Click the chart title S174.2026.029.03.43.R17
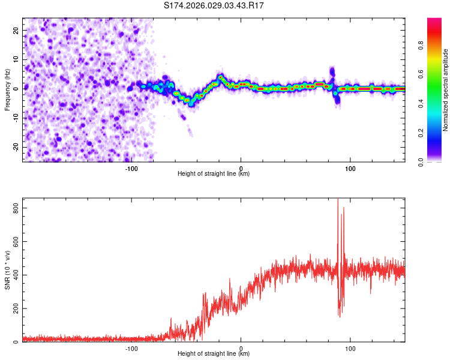[214, 5]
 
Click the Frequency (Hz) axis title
[8, 89]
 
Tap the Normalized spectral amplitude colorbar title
[446, 90]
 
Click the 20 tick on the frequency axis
[16, 30]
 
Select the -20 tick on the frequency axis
[15, 148]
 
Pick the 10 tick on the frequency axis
[16, 59]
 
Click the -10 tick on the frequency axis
[15, 118]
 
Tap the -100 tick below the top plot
[131, 168]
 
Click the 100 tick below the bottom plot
[350, 348]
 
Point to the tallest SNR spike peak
[338, 200]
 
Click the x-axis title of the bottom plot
[214, 354]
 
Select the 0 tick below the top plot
[241, 168]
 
